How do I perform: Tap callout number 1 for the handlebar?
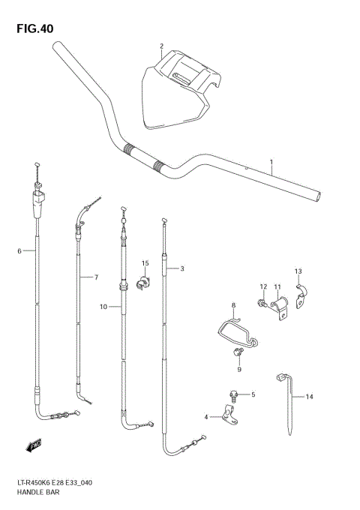pos(271,162)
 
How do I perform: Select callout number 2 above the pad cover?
pos(161,47)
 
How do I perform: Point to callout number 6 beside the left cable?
pos(19,250)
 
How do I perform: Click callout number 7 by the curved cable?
pos(96,277)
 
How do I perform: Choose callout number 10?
pos(102,306)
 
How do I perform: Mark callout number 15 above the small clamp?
pos(145,263)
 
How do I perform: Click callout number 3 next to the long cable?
pos(181,268)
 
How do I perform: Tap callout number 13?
pos(298,271)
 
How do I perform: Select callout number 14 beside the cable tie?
pos(309,397)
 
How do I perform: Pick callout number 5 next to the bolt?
pos(253,394)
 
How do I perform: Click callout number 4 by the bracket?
pos(205,416)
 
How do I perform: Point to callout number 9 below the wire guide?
pos(238,369)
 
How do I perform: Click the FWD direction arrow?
pos(33,446)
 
